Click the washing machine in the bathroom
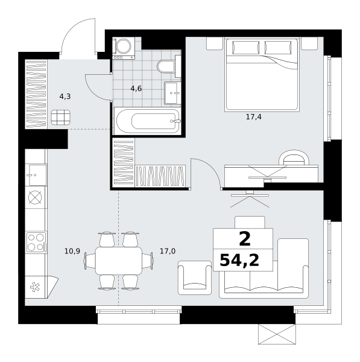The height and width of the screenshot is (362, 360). [x=124, y=48]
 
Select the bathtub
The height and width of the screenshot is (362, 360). [x=148, y=121]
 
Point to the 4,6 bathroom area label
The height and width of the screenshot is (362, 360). [x=136, y=89]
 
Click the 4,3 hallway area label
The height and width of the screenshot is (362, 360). [x=65, y=97]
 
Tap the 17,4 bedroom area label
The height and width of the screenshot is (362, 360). [x=254, y=117]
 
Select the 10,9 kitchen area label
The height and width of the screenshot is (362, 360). [x=72, y=251]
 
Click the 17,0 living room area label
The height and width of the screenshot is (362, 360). [x=168, y=251]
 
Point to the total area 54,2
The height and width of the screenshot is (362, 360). [x=239, y=260]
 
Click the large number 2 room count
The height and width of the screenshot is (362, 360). [x=245, y=239]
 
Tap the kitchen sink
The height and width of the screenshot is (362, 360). [x=36, y=175]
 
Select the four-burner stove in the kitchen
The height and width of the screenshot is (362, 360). [x=36, y=242]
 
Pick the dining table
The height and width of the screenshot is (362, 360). [x=119, y=261]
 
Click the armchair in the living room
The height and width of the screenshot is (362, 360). [x=195, y=278]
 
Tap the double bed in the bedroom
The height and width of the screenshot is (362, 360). [x=262, y=74]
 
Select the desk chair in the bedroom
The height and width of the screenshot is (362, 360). [x=294, y=157]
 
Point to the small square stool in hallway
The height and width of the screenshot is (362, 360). [x=61, y=117]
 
